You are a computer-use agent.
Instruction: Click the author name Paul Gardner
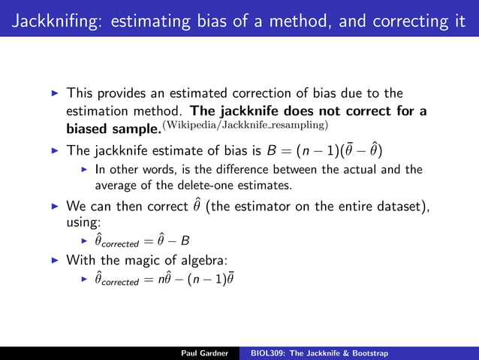point(205,352)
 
